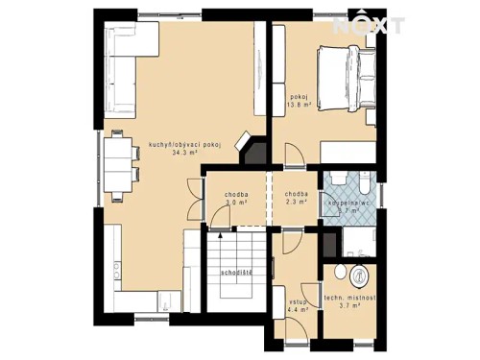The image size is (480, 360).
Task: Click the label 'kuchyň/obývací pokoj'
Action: [x=185, y=144]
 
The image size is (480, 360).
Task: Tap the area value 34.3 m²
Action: [x=185, y=153]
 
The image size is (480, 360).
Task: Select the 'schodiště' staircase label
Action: [x=235, y=273]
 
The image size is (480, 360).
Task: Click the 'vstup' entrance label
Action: [x=298, y=300]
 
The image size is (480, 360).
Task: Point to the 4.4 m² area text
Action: [x=298, y=310]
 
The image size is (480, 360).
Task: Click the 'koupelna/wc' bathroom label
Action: [x=349, y=204]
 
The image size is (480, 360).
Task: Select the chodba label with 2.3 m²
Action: [x=297, y=196]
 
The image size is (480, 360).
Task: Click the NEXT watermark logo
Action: [x=369, y=24]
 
